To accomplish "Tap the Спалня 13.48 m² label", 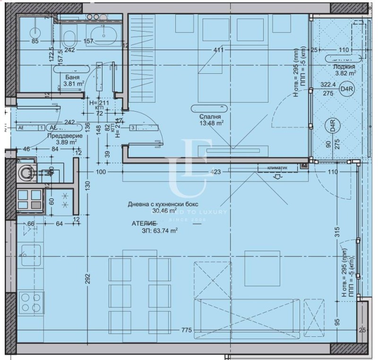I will pyautogui.click(x=211, y=120).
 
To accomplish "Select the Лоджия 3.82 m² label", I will pyautogui.click(x=345, y=70).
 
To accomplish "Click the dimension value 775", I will pyautogui.click(x=187, y=330).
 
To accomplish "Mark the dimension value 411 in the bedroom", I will pyautogui.click(x=218, y=50).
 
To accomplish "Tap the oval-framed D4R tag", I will pyautogui.click(x=333, y=126).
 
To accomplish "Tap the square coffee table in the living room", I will pyautogui.click(x=262, y=268).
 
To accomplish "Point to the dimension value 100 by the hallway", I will pyautogui.click(x=100, y=172).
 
